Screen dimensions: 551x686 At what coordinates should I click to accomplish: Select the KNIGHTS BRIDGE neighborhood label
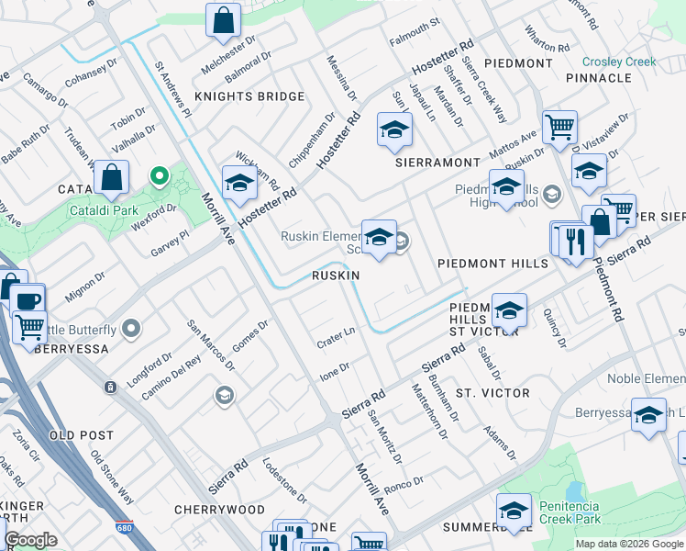pos(249,96)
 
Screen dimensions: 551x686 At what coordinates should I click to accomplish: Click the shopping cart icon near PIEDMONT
pos(559,127)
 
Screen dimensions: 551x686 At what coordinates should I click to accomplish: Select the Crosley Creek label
pos(619,62)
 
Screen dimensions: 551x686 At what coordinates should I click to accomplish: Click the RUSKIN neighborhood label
pos(335,275)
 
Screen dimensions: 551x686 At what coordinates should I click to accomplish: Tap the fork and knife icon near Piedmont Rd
pos(575,243)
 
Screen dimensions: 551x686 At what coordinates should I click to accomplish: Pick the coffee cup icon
pos(28,300)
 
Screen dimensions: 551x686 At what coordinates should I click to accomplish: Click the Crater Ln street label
pos(337,335)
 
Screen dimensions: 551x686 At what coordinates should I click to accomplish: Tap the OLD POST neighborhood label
pos(82,434)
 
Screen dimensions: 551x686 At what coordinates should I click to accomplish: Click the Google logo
pos(30,539)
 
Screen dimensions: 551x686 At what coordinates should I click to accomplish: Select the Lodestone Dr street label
pos(285,479)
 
